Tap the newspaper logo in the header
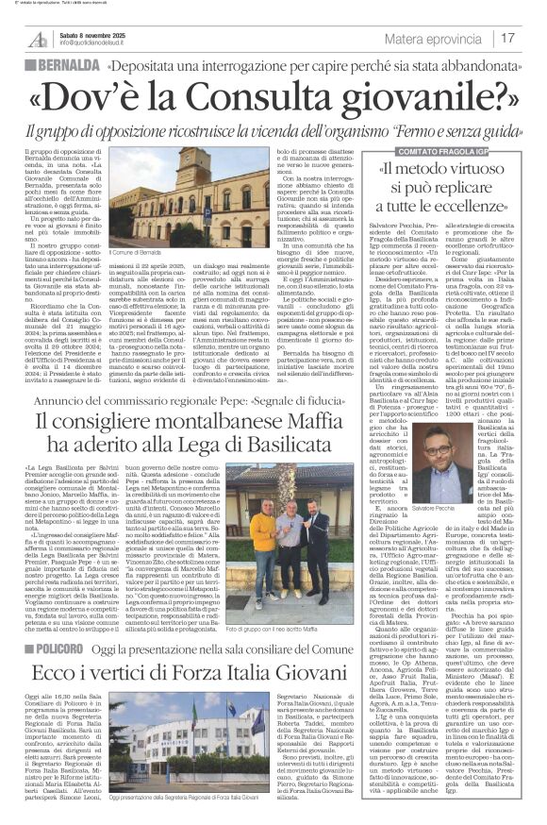coord(37,39)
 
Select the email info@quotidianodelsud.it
coord(96,43)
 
